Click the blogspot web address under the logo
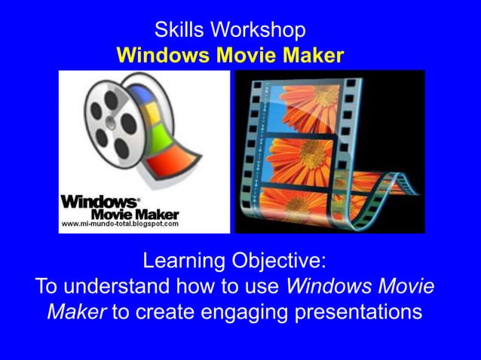pyautogui.click(x=119, y=224)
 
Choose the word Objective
pyautogui.click(x=280, y=261)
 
